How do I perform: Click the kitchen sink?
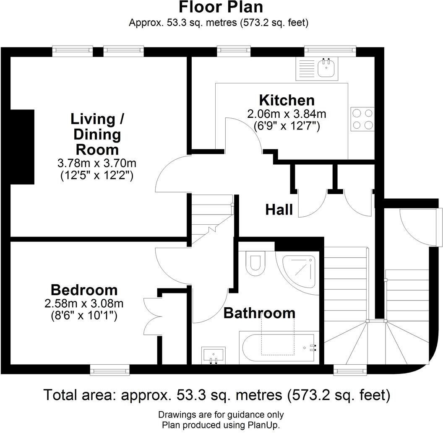[x=326, y=68]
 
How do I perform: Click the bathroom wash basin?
[x=213, y=355]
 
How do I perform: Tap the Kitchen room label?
[x=287, y=101]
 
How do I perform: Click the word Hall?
[x=279, y=210]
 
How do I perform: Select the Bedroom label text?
[x=84, y=290]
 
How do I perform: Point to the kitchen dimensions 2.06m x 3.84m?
[x=287, y=114]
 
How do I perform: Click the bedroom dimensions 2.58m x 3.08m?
[x=84, y=303]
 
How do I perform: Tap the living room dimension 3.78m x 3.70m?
[x=97, y=163]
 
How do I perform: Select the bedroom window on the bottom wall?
[x=109, y=370]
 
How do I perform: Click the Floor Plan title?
[x=221, y=8]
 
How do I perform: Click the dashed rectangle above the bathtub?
[x=278, y=334]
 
